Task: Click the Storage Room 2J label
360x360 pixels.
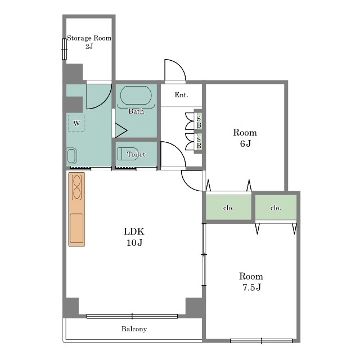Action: coord(89,42)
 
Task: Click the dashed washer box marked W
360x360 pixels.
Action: coord(76,123)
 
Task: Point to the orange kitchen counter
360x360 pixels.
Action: coord(76,209)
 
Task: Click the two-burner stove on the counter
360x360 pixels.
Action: coord(76,187)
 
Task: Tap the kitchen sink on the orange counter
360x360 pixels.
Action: coord(76,228)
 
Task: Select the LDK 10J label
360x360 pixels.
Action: coord(134,237)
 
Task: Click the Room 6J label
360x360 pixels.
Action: coord(245,138)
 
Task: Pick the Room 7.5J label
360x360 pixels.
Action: coord(251,281)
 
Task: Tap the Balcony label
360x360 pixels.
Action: coord(134,329)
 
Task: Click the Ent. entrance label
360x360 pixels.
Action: coord(181,94)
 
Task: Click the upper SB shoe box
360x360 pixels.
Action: coord(199,121)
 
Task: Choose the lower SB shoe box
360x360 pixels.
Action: coord(199,142)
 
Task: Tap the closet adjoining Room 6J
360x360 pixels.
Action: coord(228,208)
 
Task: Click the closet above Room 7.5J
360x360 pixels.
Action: coord(276,208)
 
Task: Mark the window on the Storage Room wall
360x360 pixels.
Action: coord(65,49)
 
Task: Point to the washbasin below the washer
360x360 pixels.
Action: coord(71,156)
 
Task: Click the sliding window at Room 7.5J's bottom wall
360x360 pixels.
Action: coord(261,341)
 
